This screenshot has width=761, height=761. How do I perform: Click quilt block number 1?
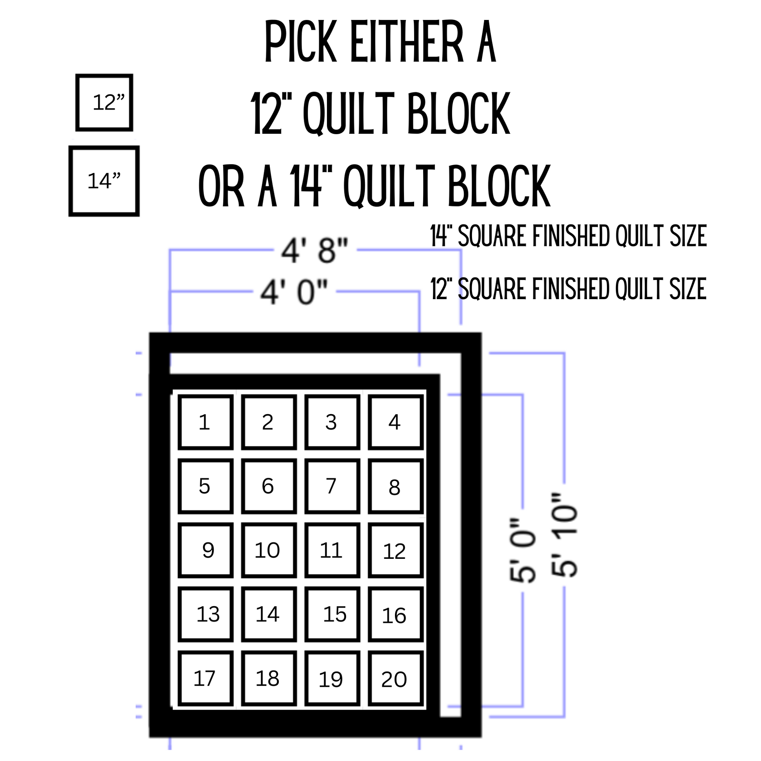click(x=205, y=422)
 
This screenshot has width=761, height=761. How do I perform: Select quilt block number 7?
click(x=332, y=486)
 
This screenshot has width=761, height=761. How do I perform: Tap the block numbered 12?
click(x=395, y=550)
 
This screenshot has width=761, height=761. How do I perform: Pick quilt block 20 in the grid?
click(x=395, y=678)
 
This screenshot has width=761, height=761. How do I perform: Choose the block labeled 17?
click(x=205, y=678)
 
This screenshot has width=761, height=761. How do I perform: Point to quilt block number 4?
click(x=395, y=422)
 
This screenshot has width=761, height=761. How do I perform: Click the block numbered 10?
click(x=269, y=550)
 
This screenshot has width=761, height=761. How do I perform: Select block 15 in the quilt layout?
click(x=332, y=614)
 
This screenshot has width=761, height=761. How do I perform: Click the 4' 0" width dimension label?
click(x=294, y=292)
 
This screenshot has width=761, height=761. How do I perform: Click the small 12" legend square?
click(x=104, y=102)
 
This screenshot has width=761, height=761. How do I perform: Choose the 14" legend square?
click(x=104, y=181)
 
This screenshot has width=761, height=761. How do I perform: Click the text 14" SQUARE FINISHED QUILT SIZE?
click(x=568, y=236)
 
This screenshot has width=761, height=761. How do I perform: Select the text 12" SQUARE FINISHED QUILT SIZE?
click(x=568, y=289)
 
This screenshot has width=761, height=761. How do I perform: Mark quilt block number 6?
click(x=269, y=486)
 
